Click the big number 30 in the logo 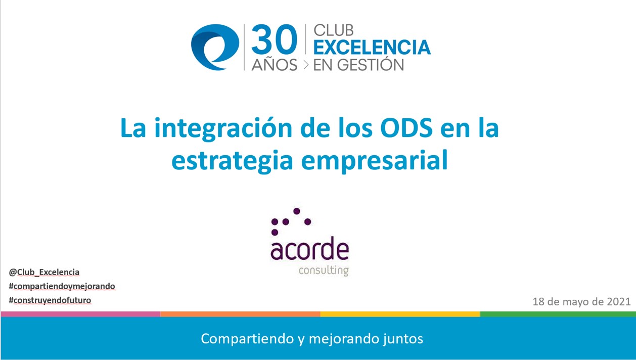[275, 39]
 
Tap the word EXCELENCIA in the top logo [372, 47]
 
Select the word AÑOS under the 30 [275, 64]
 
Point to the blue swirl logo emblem [215, 47]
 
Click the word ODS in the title [406, 128]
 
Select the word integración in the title [223, 128]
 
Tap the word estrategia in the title [232, 160]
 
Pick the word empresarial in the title [374, 160]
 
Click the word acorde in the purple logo [310, 250]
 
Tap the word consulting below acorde [324, 271]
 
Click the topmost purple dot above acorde [297, 211]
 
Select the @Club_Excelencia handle [44, 272]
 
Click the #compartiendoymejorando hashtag [62, 286]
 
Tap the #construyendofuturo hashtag [50, 300]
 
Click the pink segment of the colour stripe [80, 314]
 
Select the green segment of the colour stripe [558, 314]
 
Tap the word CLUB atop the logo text [333, 30]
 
